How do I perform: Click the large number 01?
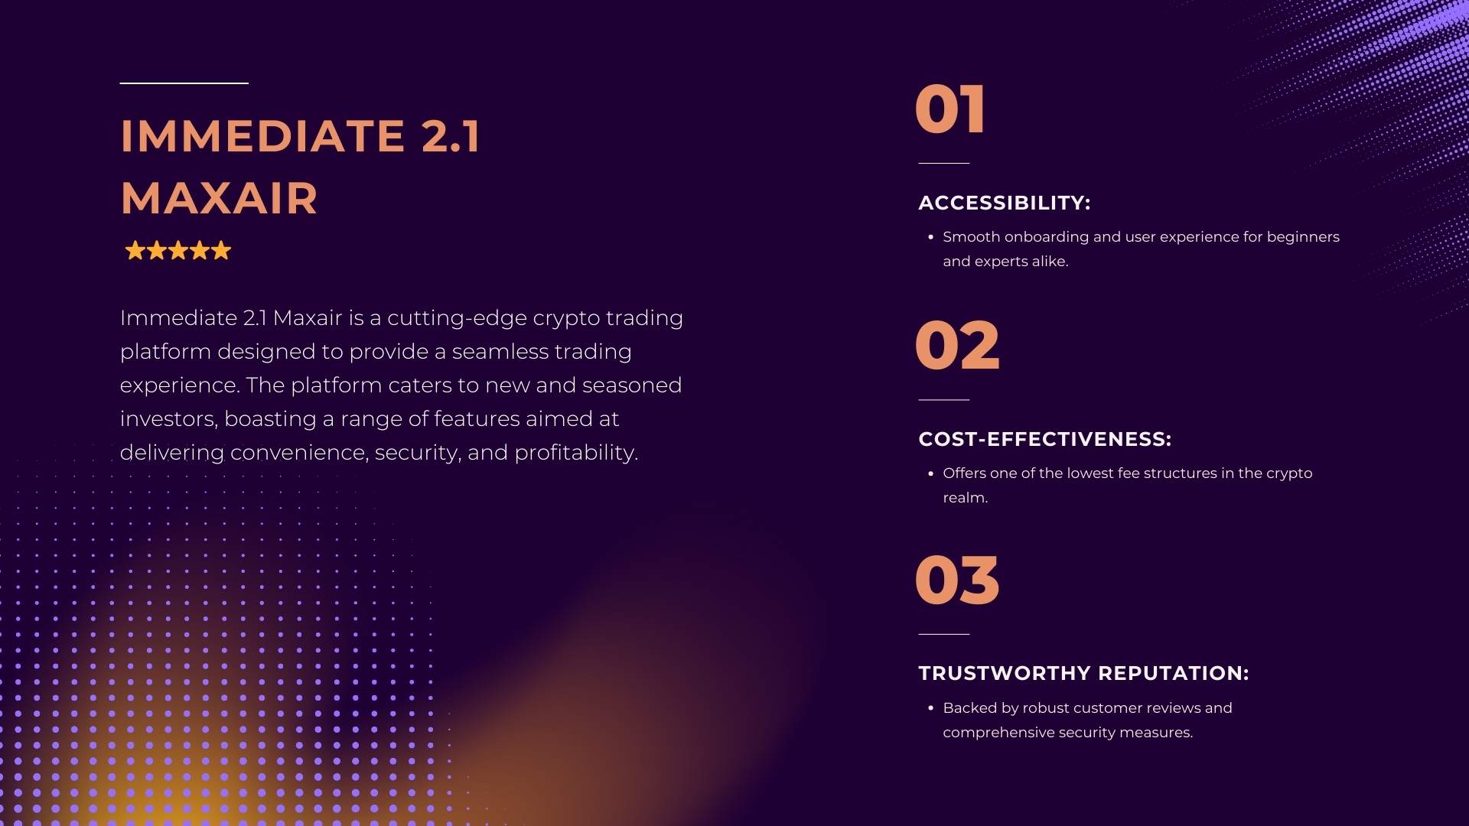coord(949,109)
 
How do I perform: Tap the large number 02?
coord(957,346)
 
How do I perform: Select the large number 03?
coord(957,580)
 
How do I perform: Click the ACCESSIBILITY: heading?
coord(1004,203)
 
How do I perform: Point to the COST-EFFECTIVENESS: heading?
coord(1044,439)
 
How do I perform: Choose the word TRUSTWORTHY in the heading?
coord(1005,673)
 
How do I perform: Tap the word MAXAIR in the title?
coord(219,199)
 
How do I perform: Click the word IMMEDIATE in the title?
coord(262,136)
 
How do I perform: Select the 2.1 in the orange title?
coord(451,136)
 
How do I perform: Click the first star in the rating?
coord(135,250)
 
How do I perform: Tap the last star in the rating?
coord(221,250)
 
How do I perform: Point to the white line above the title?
coord(184,83)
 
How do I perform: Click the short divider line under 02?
coord(943,399)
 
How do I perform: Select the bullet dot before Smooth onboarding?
coord(930,237)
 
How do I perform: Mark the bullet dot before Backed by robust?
coord(930,708)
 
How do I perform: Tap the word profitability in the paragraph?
coord(576,453)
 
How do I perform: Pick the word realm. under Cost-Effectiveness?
coord(966,498)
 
